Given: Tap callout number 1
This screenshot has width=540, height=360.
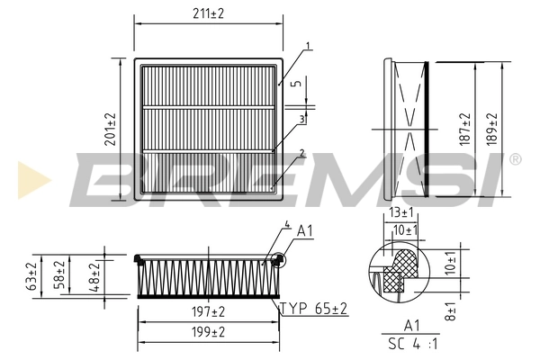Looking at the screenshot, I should pos(308,45).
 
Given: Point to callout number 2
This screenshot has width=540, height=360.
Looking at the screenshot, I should pos(302,152).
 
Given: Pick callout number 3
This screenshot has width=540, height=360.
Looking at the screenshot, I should pos(302,118).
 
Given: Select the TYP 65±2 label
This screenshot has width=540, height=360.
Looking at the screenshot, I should pos(315,309).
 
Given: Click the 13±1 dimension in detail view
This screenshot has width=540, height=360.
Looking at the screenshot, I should pos(401,213).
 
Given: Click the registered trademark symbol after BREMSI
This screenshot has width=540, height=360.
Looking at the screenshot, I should pos(515,159).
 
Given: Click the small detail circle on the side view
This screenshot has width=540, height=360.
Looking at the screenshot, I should pos(277,261).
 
